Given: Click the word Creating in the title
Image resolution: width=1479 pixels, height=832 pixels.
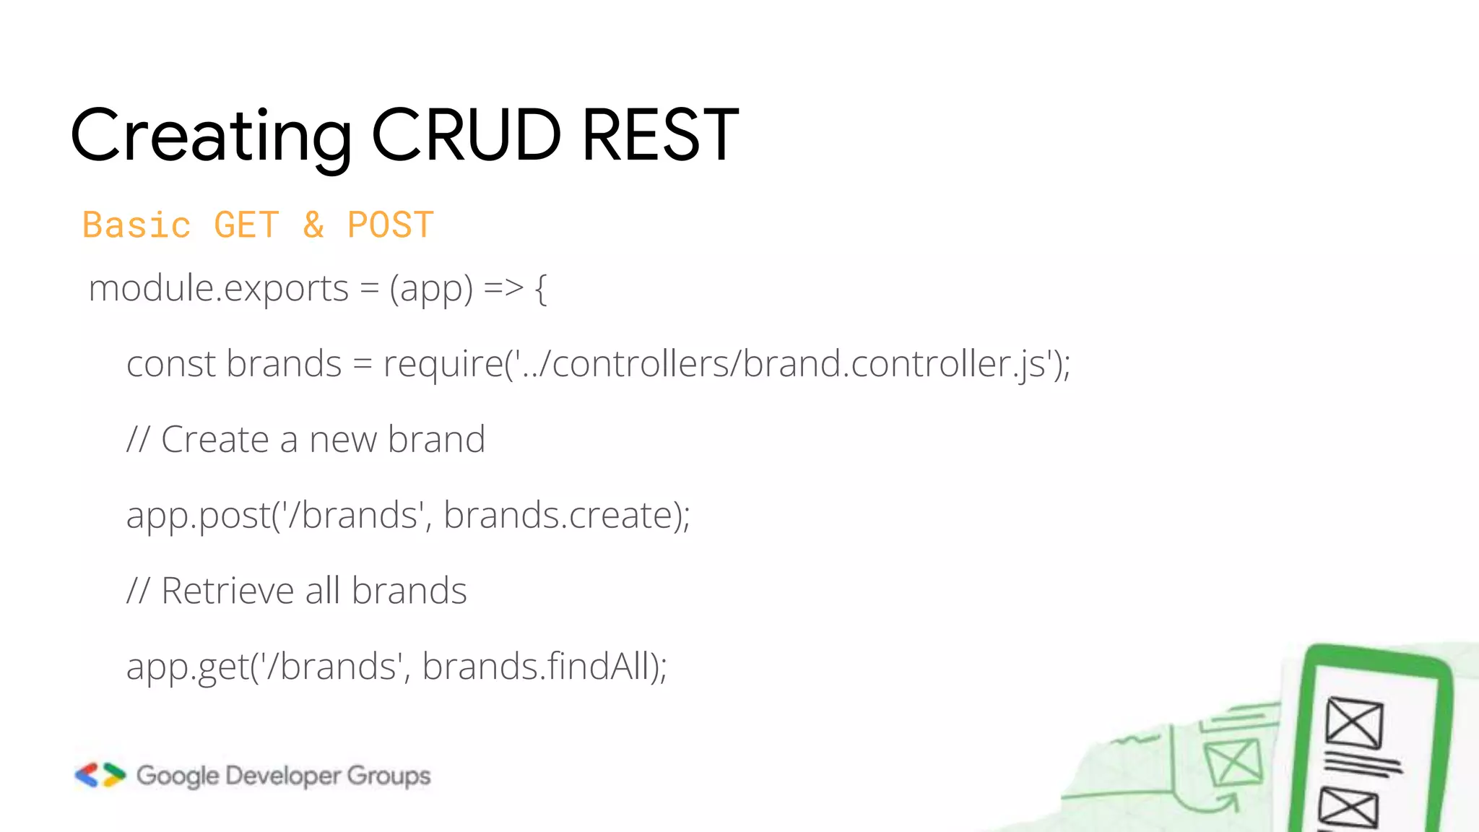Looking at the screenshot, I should [212, 136].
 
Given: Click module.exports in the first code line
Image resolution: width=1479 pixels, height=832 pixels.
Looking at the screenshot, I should [219, 289].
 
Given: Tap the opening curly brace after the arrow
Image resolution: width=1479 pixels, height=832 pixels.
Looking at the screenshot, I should [541, 289].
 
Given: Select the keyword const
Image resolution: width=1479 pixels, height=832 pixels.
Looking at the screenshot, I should [171, 363].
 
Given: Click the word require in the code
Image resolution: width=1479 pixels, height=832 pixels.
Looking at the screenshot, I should [443, 365].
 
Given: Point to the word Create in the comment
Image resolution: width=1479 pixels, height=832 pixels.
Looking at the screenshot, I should [215, 439].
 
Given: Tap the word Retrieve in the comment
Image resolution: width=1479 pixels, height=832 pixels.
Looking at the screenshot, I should [227, 591].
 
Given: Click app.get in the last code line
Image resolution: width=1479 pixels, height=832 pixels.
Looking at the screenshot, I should [187, 667].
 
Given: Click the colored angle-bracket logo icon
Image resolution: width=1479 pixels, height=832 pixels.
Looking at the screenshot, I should [100, 775].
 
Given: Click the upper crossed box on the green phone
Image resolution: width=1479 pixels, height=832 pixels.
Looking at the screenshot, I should [1354, 722].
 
